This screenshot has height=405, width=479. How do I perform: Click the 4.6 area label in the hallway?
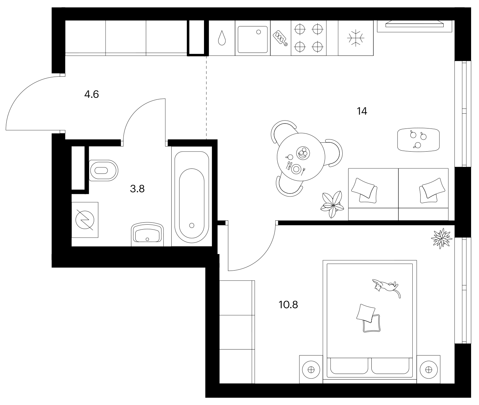click(x=91, y=94)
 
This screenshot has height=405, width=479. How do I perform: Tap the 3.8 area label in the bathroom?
click(x=137, y=189)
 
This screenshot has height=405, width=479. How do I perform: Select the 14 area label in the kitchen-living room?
click(x=362, y=111)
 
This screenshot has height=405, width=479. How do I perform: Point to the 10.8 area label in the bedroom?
click(x=288, y=305)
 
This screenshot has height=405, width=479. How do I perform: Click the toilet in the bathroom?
click(x=103, y=170)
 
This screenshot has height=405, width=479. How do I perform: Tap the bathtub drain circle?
click(x=192, y=226)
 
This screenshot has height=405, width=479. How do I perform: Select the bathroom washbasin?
click(x=147, y=234)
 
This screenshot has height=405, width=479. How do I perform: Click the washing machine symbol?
click(x=85, y=220)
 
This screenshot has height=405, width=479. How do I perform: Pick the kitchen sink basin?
click(x=253, y=40)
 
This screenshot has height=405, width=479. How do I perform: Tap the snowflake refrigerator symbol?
click(x=356, y=38)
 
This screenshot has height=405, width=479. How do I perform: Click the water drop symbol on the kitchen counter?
click(x=222, y=38)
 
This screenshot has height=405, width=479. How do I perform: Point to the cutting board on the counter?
click(x=280, y=38)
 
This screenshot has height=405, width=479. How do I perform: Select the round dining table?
click(x=301, y=157)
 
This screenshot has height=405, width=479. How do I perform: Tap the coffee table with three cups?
click(x=419, y=140)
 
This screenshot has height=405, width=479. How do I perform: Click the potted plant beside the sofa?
click(x=332, y=204)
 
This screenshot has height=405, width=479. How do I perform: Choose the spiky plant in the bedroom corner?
click(x=442, y=238)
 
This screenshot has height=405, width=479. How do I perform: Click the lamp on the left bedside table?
click(x=311, y=370)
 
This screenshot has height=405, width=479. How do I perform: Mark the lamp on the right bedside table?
click(x=428, y=370)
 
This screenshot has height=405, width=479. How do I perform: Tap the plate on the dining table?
click(x=296, y=169)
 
